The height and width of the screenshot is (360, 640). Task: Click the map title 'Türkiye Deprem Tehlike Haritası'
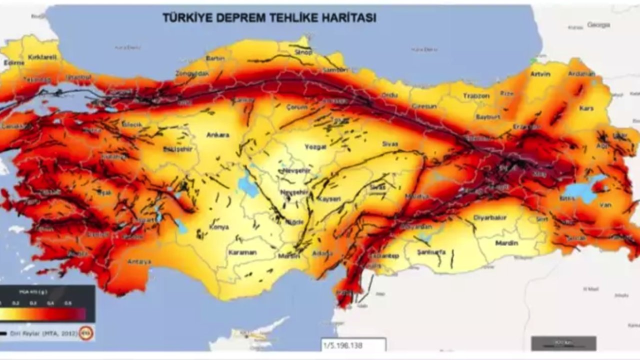tap(269, 18)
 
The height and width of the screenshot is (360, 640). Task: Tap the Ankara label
tap(217, 135)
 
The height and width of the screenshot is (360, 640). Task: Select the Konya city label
tap(218, 227)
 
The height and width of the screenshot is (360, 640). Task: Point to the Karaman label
tap(242, 252)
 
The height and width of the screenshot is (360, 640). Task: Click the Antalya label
tap(139, 261)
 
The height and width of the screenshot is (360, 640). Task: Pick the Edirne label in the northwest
tap(13, 63)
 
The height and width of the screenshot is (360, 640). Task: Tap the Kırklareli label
tap(42, 57)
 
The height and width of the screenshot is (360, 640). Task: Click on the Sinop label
tap(303, 52)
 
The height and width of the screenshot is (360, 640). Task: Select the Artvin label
tap(540, 74)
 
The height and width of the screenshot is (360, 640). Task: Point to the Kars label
tap(586, 108)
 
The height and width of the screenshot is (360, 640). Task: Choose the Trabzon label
tap(476, 95)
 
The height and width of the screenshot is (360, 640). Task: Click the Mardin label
tap(506, 243)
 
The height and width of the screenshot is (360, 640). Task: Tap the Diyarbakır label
tap(493, 217)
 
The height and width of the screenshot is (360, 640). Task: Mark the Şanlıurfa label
tap(430, 251)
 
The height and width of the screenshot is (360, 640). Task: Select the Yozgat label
tap(315, 147)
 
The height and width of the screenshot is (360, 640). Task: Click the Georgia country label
tap(598, 24)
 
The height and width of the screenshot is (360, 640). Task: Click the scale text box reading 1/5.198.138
tap(353, 345)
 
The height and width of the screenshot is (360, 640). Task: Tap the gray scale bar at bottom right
tap(563, 343)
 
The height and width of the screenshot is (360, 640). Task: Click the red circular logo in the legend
tap(86, 333)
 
